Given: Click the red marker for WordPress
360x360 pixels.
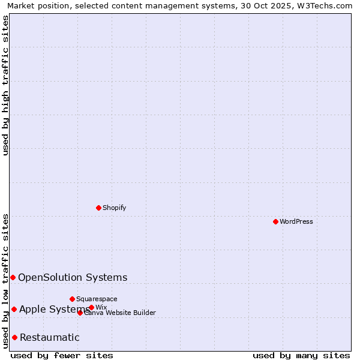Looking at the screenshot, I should coord(275,221).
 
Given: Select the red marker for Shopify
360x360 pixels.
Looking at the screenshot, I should coord(98,208).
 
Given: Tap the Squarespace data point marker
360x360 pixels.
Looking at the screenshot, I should coord(72,299).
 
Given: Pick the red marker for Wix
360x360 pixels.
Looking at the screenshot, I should coord(91,308).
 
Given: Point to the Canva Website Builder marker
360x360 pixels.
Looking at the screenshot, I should coord(80,313).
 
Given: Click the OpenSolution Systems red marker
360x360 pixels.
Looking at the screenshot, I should coord(13,277).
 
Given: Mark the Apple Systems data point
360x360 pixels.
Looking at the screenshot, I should coord(14,309).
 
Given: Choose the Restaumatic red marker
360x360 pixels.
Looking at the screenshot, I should coord(14,337).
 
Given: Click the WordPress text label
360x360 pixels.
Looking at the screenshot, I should coord(296,221).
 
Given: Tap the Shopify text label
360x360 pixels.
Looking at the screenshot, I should coord(114,208).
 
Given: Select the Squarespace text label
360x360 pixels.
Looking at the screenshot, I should coord(97,299).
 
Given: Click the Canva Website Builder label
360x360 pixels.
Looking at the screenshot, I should coord(120,313).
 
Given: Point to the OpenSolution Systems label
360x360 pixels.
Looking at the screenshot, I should coord(73,277).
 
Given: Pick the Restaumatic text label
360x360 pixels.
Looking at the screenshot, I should coord(49,337).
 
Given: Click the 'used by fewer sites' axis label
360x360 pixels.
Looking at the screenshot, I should coord(62,355).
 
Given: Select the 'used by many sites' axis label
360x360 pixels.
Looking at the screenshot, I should coord(301,355).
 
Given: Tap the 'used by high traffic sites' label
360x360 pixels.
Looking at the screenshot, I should coord(6,85).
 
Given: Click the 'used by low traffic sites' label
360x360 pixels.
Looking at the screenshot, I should coord(6,281).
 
